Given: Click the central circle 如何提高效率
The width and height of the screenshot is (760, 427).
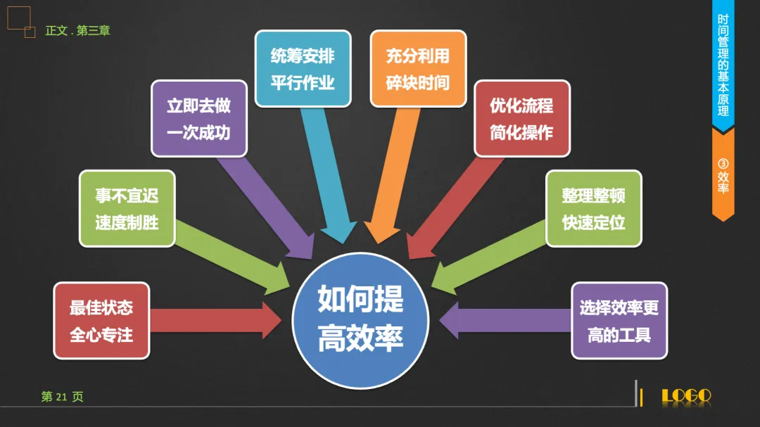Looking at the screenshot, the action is [360, 320].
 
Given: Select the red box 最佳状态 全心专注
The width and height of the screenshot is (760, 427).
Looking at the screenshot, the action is [101, 321].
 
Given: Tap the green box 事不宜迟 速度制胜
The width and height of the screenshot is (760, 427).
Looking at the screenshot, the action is [127, 209].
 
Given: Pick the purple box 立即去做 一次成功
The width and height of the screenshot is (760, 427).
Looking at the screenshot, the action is [198, 119].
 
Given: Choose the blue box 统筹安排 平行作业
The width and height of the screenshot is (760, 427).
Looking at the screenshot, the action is [303, 68].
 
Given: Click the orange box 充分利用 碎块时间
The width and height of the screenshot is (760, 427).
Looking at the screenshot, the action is [418, 68].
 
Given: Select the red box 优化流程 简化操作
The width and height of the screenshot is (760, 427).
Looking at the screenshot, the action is [521, 119].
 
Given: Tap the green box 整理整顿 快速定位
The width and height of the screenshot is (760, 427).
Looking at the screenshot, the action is [594, 209].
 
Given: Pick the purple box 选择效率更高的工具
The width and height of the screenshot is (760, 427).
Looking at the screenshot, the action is [619, 321].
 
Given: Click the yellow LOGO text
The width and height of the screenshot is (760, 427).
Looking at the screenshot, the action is [686, 397].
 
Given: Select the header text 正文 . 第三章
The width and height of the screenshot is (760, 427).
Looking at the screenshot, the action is [77, 31].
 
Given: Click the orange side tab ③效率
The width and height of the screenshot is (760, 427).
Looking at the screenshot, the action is [723, 176].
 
